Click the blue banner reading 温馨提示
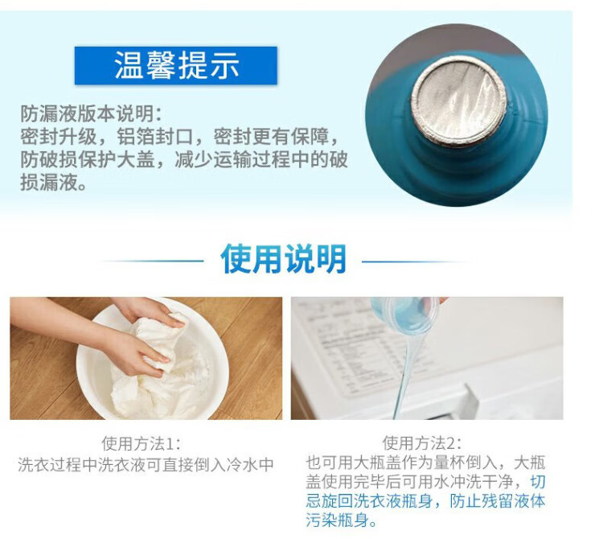(x=176, y=65)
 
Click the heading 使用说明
(x=284, y=258)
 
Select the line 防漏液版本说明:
(x=92, y=113)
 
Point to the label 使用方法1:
(x=141, y=443)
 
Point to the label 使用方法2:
(x=422, y=443)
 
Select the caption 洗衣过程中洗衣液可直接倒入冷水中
(x=146, y=465)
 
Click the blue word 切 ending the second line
(x=538, y=482)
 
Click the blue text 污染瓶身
(x=337, y=520)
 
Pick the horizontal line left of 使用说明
(x=153, y=261)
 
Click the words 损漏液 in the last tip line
(x=49, y=182)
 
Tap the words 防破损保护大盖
(x=88, y=159)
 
